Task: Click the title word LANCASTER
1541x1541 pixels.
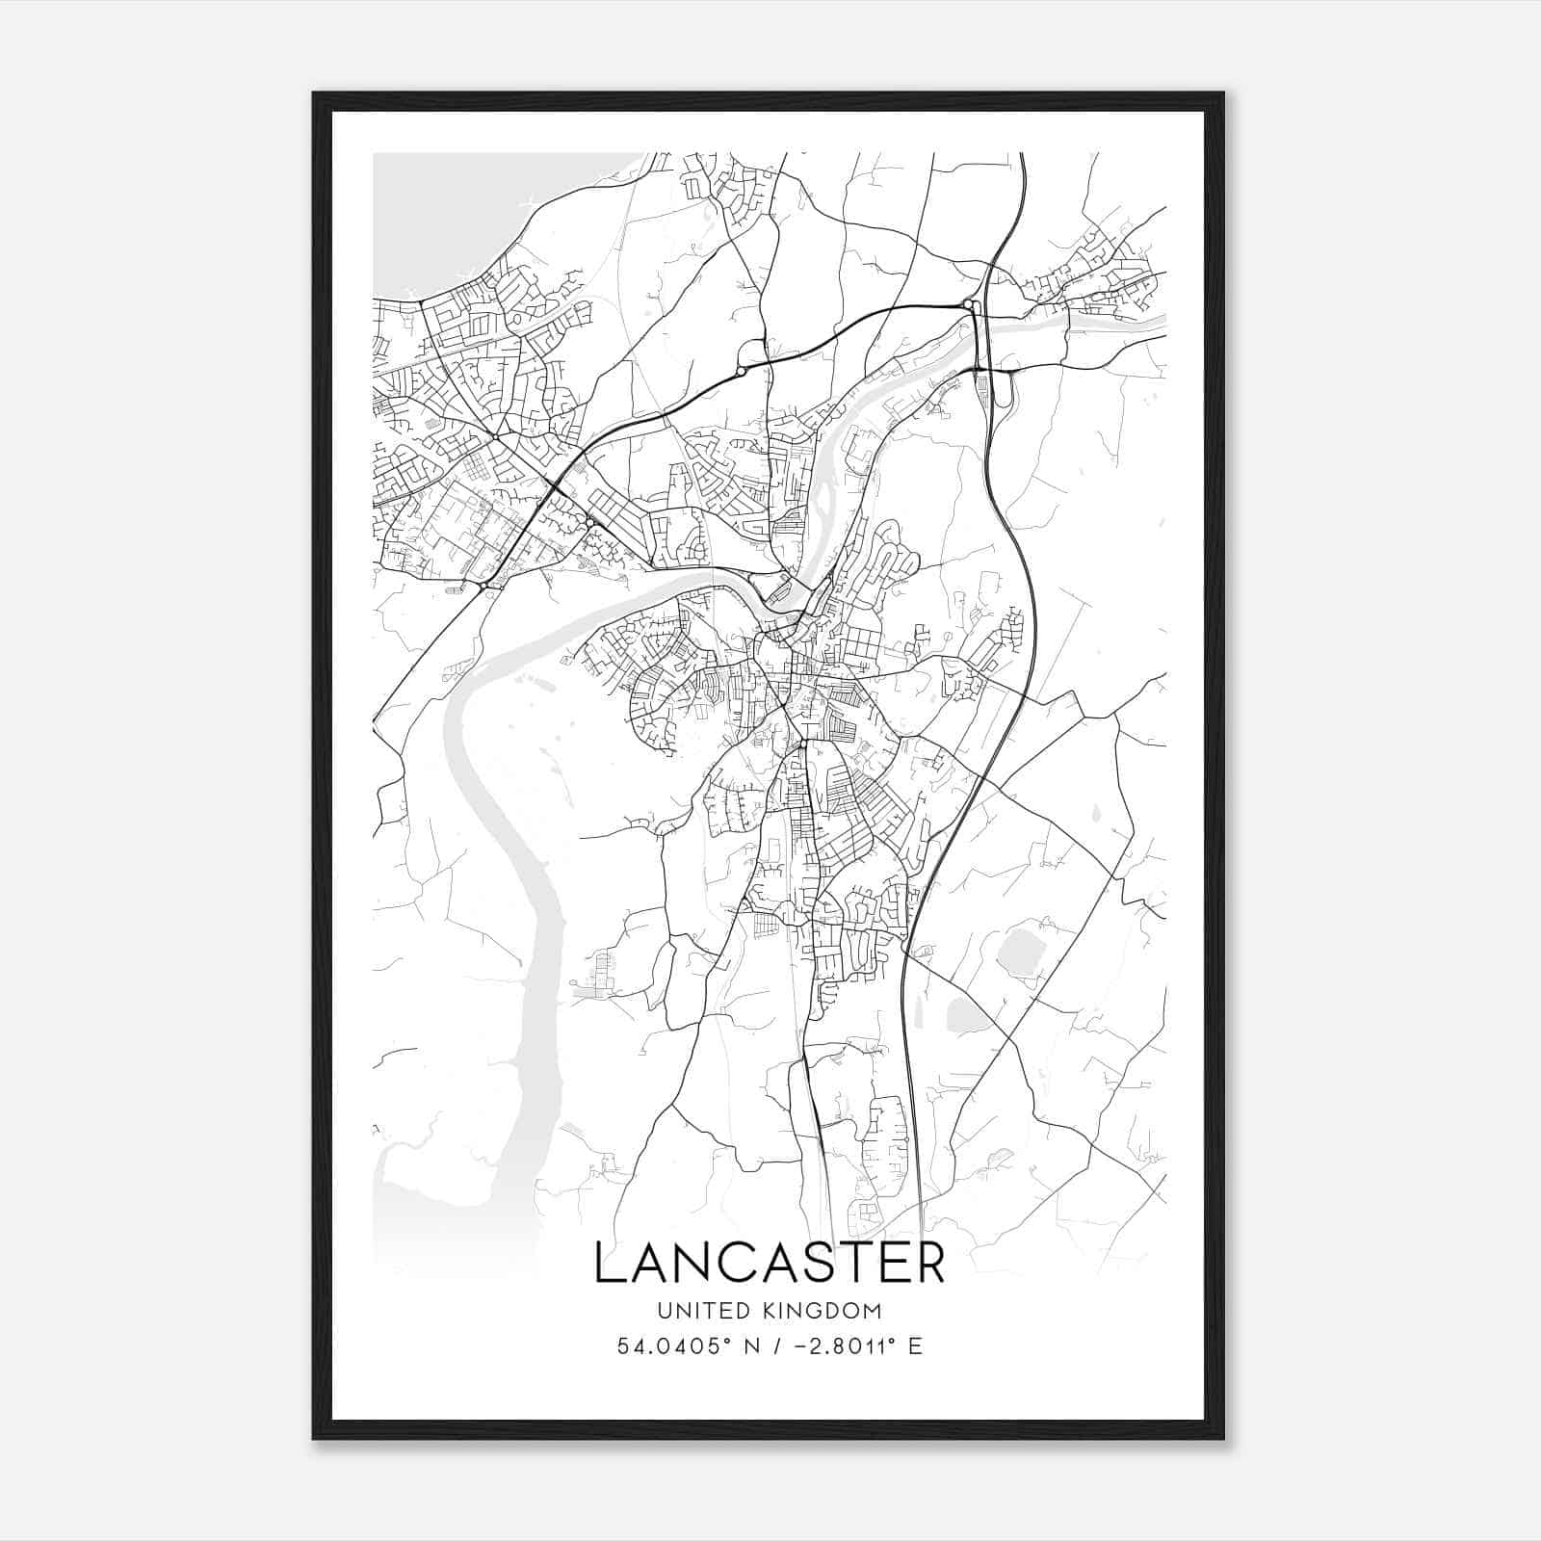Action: [x=770, y=1263]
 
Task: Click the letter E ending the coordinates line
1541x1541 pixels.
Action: [x=915, y=1345]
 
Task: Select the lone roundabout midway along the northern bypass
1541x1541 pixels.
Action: [x=741, y=371]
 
